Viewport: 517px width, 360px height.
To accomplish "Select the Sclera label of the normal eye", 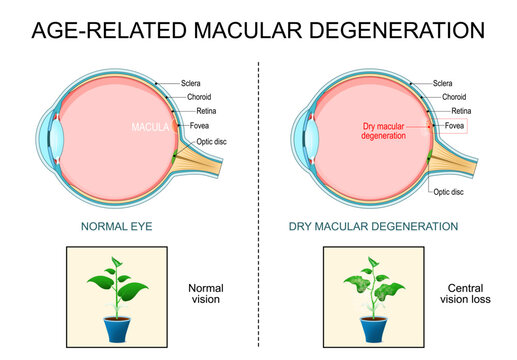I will pyautogui.click(x=195, y=83).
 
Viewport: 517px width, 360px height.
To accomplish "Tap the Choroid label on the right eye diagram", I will pyautogui.click(x=455, y=97).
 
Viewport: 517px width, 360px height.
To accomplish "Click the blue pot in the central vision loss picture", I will pyautogui.click(x=375, y=326).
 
